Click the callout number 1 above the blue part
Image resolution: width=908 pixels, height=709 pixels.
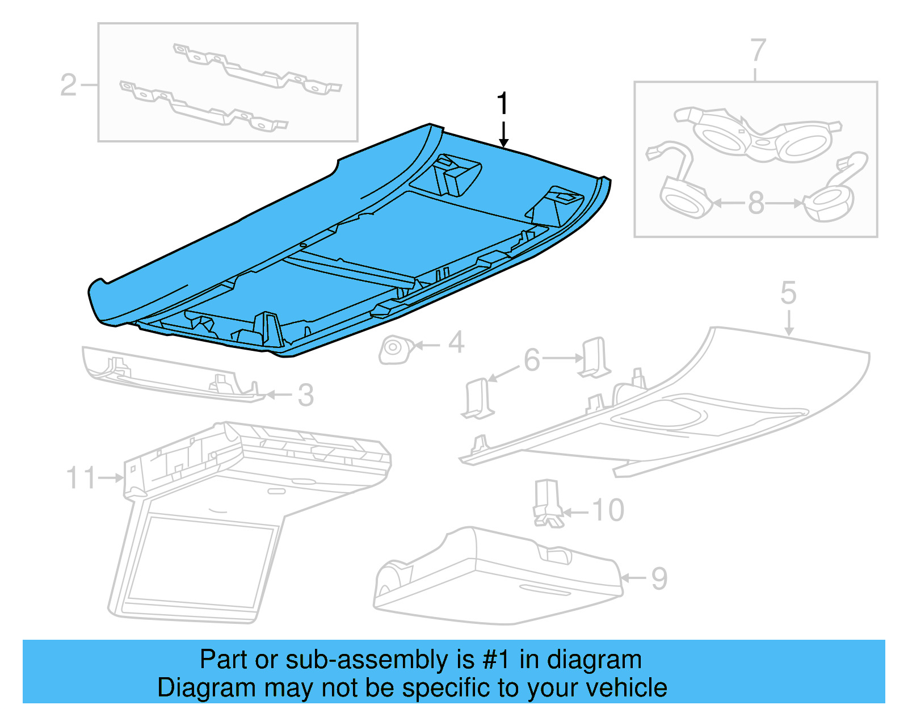coord(503,104)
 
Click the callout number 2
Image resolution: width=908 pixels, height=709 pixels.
coord(68,85)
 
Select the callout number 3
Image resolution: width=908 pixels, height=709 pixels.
coord(305,395)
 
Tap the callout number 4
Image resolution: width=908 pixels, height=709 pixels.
coord(456,343)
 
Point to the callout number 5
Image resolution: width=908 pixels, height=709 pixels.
coord(788,293)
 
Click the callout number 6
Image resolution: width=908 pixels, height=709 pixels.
coord(531,360)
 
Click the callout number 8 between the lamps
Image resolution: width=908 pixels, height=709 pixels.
coord(756,203)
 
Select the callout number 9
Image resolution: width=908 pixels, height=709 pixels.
coord(659,578)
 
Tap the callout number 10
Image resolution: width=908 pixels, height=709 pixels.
coord(608,510)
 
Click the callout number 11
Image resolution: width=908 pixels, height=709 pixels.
coord(82,477)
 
